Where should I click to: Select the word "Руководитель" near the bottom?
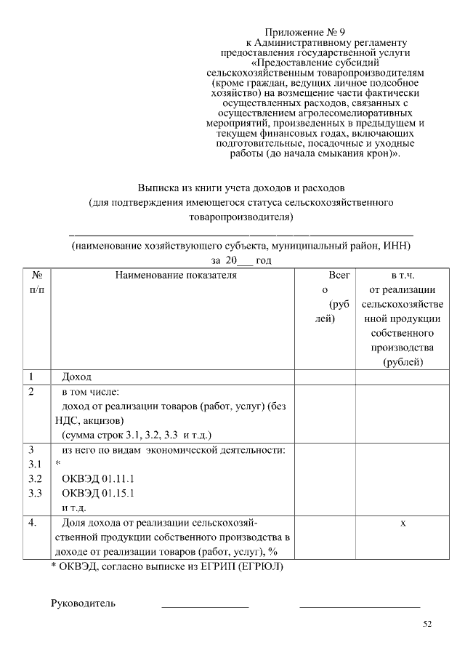pyautogui.click(x=83, y=603)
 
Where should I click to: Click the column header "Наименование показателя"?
pyautogui.click(x=174, y=275)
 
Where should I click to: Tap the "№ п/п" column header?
pyautogui.click(x=37, y=282)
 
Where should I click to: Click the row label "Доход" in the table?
pyautogui.click(x=77, y=377)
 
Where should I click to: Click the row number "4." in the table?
pyautogui.click(x=32, y=523)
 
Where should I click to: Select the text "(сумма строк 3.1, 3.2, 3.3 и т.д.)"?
pyautogui.click(x=136, y=435)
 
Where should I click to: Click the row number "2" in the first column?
pyautogui.click(x=31, y=392)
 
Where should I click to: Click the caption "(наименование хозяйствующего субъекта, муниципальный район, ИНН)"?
pyautogui.click(x=240, y=246)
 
